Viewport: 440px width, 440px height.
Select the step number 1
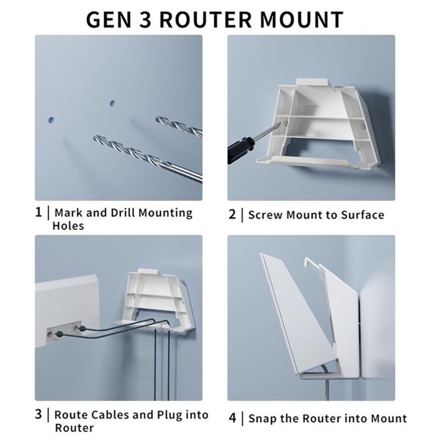(x=38, y=212)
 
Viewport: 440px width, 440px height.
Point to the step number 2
(x=232, y=215)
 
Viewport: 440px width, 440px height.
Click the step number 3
(x=38, y=414)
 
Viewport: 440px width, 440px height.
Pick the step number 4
(x=233, y=418)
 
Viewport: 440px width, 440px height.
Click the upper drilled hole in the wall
(x=112, y=103)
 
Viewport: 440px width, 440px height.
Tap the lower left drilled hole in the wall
(x=51, y=119)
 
